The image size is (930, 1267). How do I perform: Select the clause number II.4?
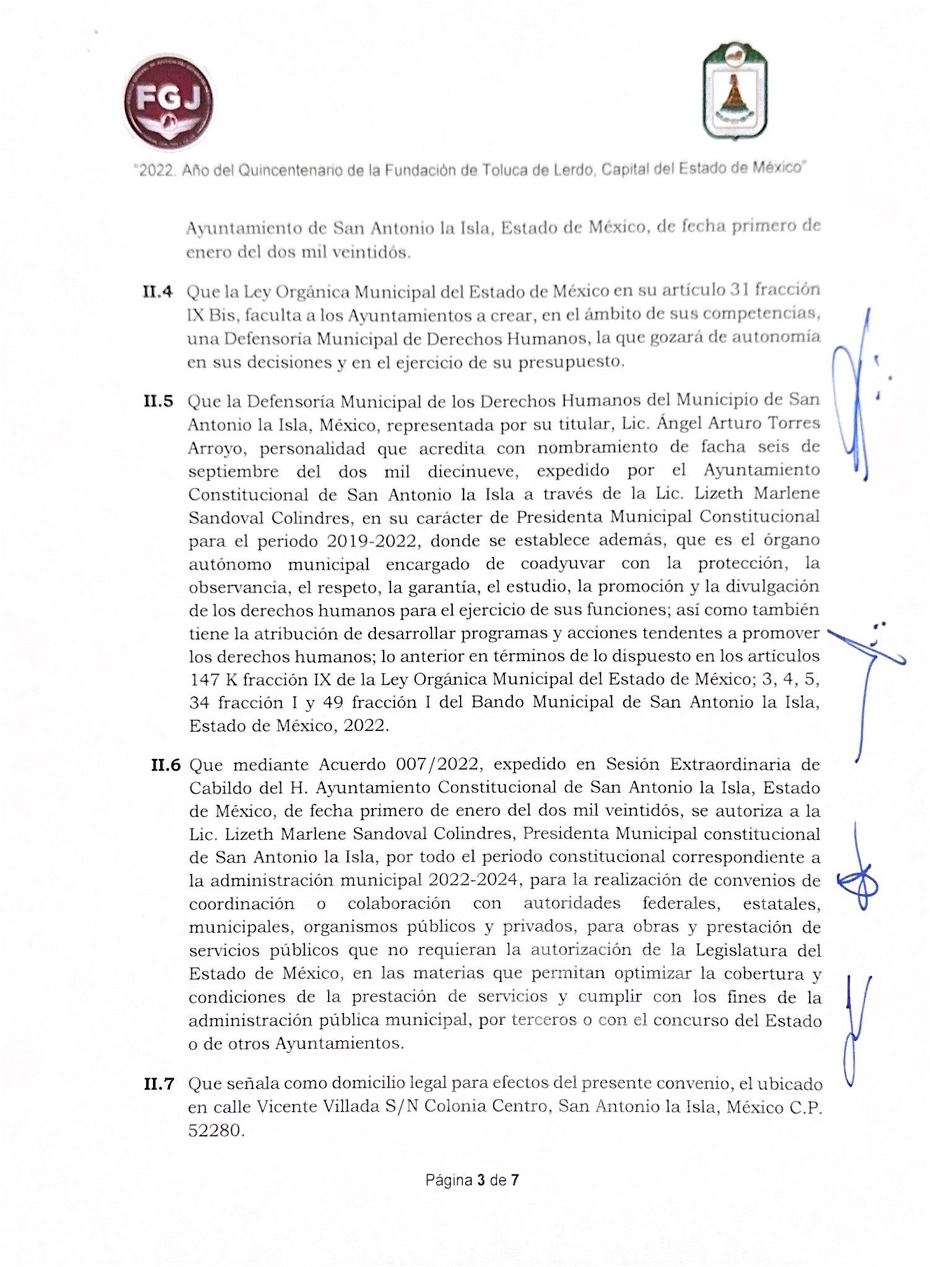coord(157,291)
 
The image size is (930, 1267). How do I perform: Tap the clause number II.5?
coord(157,401)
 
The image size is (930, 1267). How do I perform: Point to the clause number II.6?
coord(165,766)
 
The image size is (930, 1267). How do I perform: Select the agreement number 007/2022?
coord(437,765)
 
